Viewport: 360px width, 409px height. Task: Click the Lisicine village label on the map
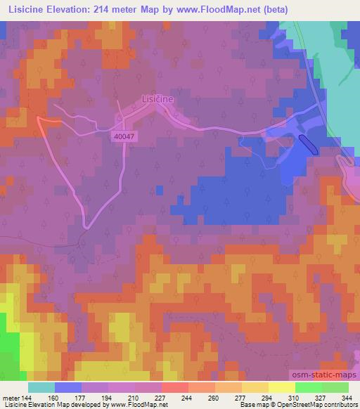[x=157, y=100]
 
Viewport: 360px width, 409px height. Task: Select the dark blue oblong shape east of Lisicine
[x=309, y=144]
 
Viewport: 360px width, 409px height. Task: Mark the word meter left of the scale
[x=10, y=397]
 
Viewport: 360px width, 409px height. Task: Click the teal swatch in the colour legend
[x=41, y=387]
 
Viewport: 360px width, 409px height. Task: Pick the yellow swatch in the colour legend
[x=281, y=387]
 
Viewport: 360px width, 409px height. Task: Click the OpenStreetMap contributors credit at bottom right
[x=310, y=405]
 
